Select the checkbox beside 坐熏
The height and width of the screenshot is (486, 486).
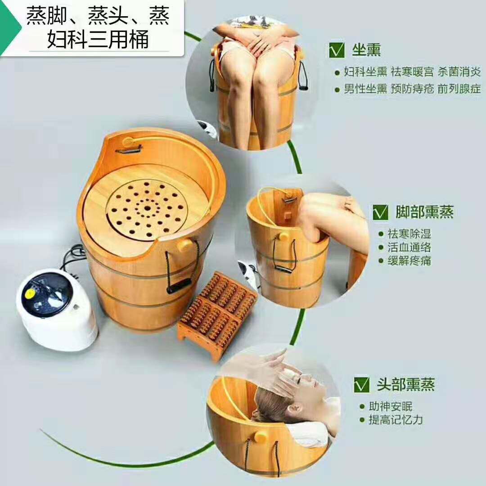pyautogui.click(x=337, y=50)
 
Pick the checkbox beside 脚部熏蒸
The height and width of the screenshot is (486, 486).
pyautogui.click(x=380, y=212)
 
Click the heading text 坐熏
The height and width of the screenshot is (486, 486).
pyautogui.click(x=366, y=50)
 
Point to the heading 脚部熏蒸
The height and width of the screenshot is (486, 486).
pyautogui.click(x=424, y=212)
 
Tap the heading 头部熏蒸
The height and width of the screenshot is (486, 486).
pyautogui.click(x=406, y=384)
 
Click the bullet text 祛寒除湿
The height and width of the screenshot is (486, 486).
pyautogui.click(x=409, y=234)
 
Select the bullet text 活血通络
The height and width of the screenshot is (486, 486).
pyautogui.click(x=409, y=247)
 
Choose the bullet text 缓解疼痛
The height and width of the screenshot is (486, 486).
pyautogui.click(x=409, y=261)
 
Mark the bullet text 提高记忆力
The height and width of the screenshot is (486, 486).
pyautogui.click(x=396, y=420)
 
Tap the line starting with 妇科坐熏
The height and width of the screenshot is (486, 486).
pyautogui.click(x=412, y=72)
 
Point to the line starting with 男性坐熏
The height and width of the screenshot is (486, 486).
pyautogui.click(x=412, y=89)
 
